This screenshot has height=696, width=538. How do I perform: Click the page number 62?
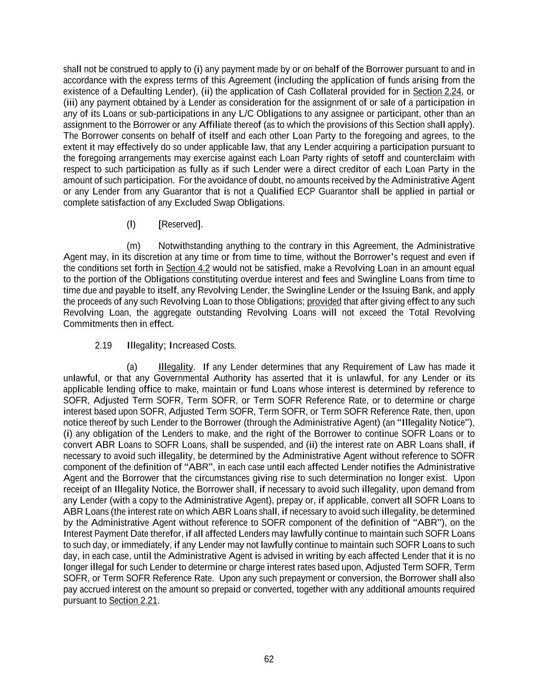click(269, 659)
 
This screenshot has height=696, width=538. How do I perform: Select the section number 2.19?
click(104, 346)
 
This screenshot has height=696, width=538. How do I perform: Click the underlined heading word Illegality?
click(175, 367)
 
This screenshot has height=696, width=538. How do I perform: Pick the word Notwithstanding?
click(190, 246)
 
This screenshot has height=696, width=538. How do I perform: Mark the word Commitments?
click(90, 324)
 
